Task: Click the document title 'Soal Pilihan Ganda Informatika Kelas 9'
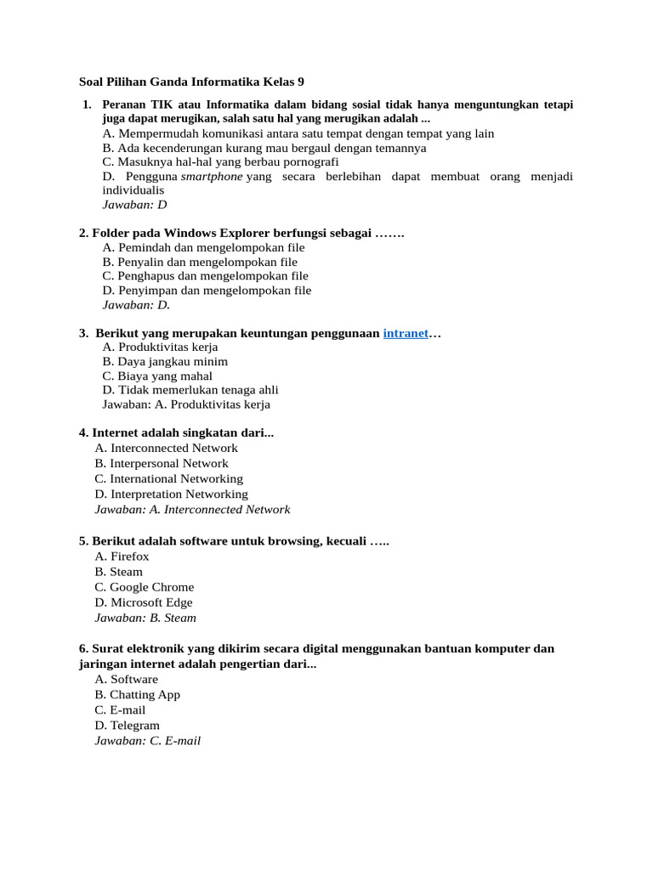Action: [190, 82]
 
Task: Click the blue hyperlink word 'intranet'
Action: [406, 333]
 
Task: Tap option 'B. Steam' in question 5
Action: [119, 572]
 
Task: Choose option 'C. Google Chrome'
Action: [145, 587]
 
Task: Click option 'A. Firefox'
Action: [122, 556]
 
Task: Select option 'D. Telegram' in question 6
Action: [128, 726]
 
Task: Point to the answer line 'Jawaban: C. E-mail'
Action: [148, 741]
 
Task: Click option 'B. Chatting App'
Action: [138, 695]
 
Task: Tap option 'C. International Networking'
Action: [169, 478]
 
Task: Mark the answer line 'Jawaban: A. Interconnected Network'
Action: [192, 510]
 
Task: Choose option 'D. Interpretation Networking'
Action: [172, 494]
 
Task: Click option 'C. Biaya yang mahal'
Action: [157, 376]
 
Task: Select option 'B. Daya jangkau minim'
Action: [165, 361]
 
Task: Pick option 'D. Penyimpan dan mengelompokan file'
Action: [207, 290]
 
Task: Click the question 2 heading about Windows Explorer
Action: [241, 232]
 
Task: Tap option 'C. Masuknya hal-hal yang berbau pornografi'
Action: [220, 161]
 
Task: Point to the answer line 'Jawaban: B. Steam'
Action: [145, 618]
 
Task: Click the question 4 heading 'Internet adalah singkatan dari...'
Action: [177, 432]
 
